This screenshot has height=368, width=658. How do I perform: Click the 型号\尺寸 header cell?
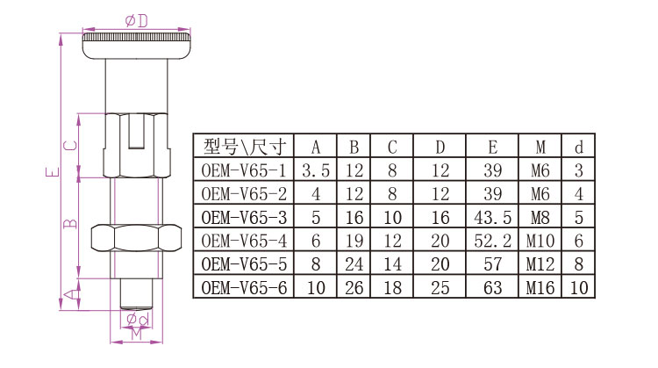[x=243, y=146]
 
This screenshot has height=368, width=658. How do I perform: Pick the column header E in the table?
[x=493, y=146]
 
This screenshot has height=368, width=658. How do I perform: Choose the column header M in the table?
[x=542, y=146]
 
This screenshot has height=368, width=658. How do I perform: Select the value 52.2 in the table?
[x=493, y=240]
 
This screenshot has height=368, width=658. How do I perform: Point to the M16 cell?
[x=541, y=286]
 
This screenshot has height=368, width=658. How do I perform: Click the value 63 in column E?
[x=493, y=286]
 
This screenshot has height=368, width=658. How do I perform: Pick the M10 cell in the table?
[x=541, y=240]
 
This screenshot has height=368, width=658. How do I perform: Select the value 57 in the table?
[x=493, y=263]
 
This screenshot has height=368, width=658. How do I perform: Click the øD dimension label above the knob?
[x=136, y=19]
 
